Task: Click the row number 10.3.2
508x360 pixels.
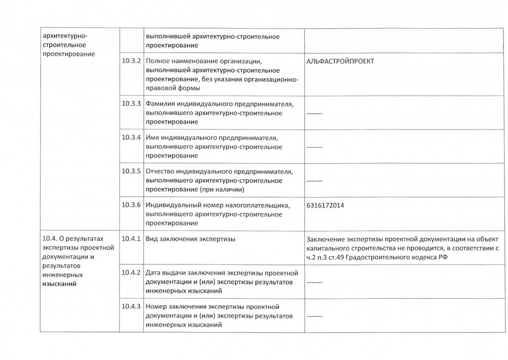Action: point(131,61)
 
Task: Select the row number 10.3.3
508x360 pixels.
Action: point(131,103)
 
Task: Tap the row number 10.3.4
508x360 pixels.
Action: point(131,137)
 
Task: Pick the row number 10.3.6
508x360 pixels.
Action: point(131,205)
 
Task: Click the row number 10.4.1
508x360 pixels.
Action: point(131,239)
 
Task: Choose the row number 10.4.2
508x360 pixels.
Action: point(131,273)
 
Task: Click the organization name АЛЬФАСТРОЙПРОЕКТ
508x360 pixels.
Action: point(340,61)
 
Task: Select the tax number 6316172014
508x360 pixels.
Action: point(325,205)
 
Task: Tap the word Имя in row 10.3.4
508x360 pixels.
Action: point(152,137)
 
